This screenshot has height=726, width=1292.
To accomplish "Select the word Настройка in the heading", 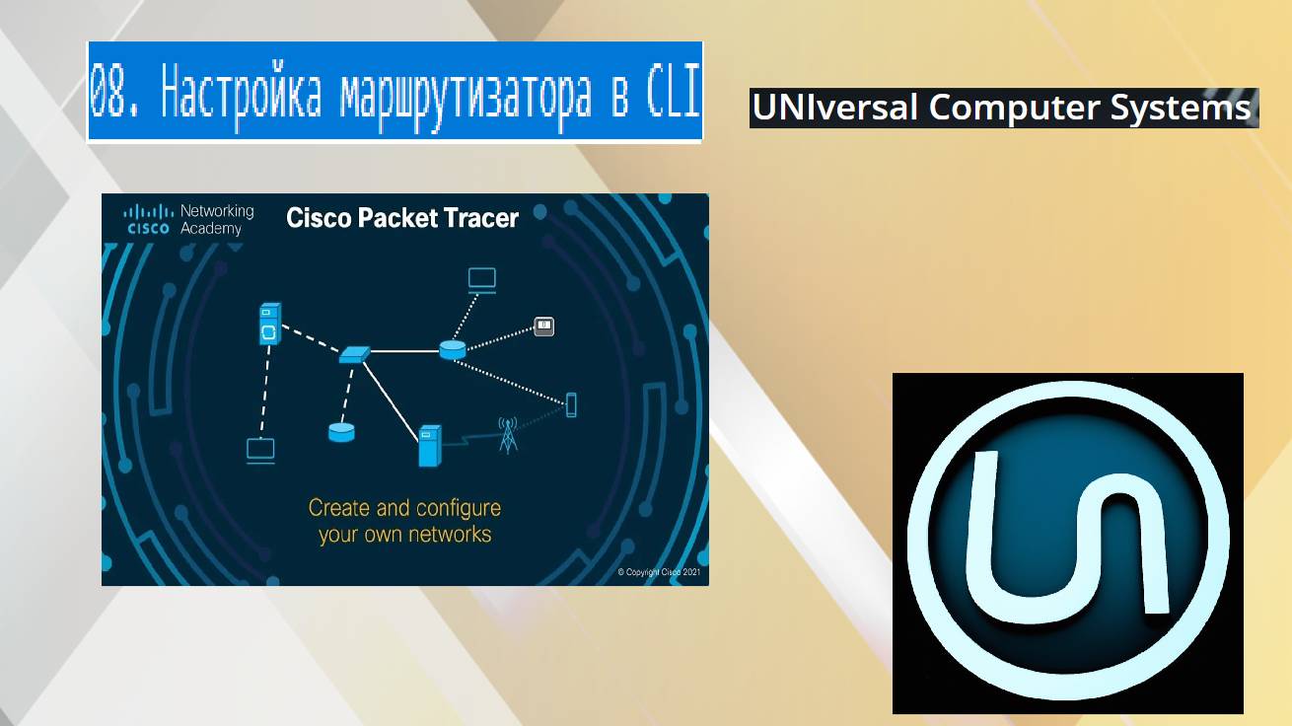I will coord(242,94).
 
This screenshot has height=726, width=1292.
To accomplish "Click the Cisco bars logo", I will coord(148,218).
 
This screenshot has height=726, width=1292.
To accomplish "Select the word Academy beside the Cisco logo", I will coord(211,228).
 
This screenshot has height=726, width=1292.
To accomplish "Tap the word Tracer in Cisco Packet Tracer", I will coord(478,218).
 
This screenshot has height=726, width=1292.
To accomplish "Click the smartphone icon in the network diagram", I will coord(570,403).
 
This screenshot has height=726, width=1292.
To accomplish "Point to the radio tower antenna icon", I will coord(508,435).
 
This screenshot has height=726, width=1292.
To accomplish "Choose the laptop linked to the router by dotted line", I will coord(482,279).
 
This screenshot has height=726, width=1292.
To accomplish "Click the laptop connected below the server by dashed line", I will coord(260,451).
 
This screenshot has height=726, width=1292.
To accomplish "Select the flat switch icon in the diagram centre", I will coord(353,353).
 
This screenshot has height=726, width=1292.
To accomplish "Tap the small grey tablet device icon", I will coord(543,326).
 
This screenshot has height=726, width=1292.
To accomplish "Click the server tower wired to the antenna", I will coord(428,445).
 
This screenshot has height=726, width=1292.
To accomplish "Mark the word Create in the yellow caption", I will coord(339,509).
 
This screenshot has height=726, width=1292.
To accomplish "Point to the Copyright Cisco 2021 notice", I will coord(659,572).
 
